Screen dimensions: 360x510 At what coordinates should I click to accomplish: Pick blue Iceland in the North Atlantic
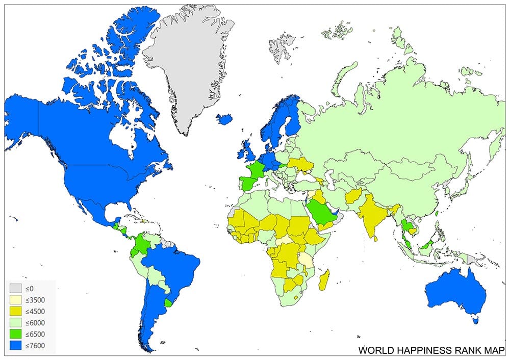(224, 119)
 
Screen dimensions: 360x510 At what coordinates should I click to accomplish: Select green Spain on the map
(246, 182)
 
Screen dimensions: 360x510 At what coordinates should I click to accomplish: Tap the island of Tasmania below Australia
(476, 320)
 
